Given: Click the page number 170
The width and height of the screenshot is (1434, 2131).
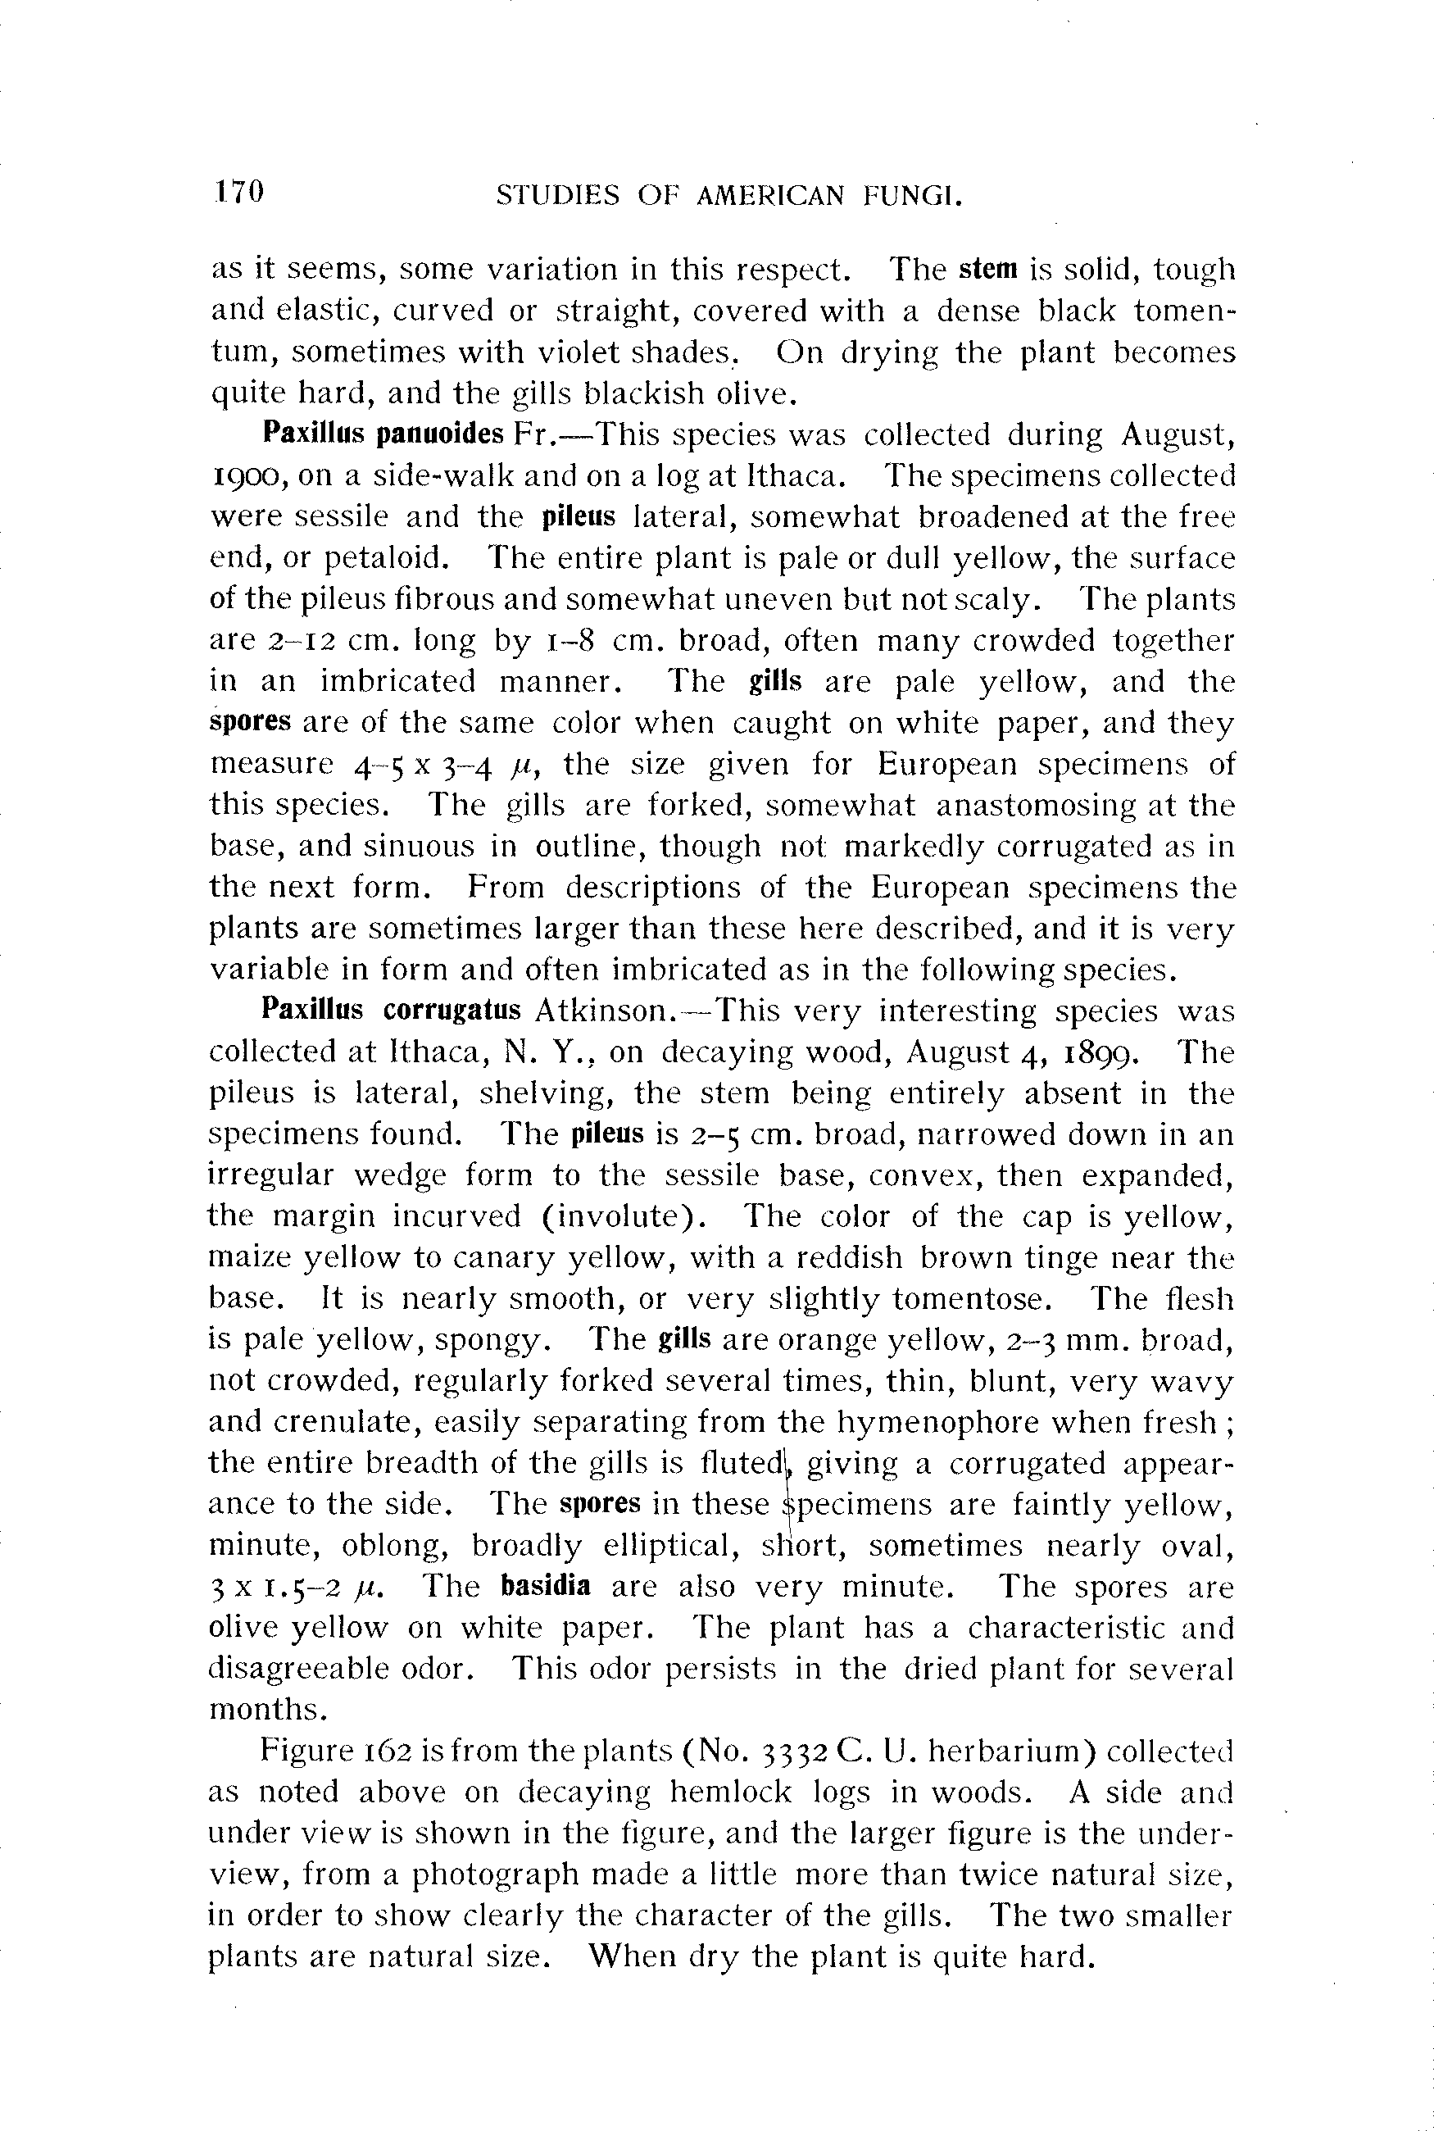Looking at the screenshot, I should tap(239, 192).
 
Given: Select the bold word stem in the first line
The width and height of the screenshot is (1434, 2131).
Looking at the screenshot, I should tap(988, 269).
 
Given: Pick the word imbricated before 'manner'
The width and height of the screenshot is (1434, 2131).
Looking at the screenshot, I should tap(397, 681).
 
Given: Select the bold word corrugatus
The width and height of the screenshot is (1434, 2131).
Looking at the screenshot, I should tap(452, 1010).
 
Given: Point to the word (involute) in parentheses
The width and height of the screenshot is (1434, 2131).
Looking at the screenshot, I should tap(630, 1216).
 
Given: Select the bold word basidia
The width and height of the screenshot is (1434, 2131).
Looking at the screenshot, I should tap(545, 1585).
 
